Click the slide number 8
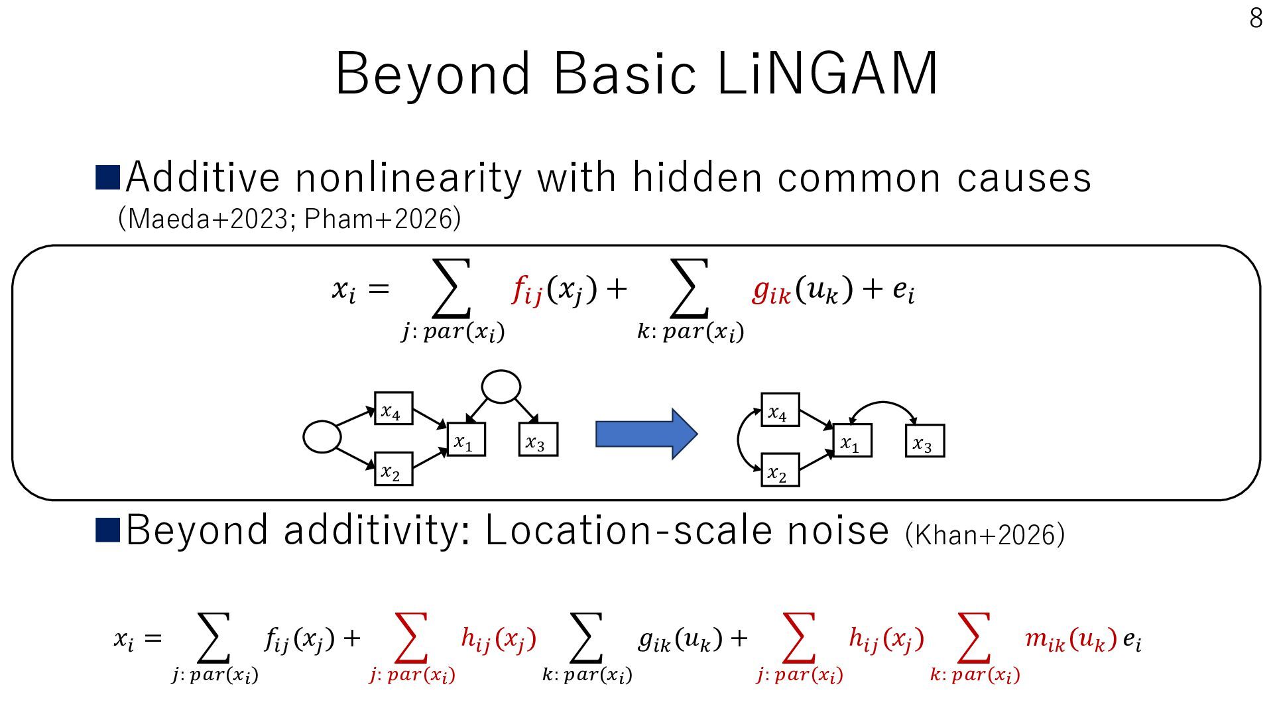tap(1256, 18)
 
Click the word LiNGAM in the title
tap(827, 74)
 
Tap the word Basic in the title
tap(625, 74)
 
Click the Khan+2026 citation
tap(985, 534)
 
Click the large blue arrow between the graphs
tap(646, 434)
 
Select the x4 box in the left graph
tap(393, 408)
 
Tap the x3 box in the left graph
tap(538, 440)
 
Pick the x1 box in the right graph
tap(852, 441)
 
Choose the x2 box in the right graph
tap(780, 470)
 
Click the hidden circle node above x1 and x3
tap(501, 387)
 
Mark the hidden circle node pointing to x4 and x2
tap(322, 437)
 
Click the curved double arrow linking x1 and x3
tap(882, 402)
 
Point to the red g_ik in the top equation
tap(772, 290)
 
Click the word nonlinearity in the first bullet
tap(408, 178)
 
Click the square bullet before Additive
tap(107, 178)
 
